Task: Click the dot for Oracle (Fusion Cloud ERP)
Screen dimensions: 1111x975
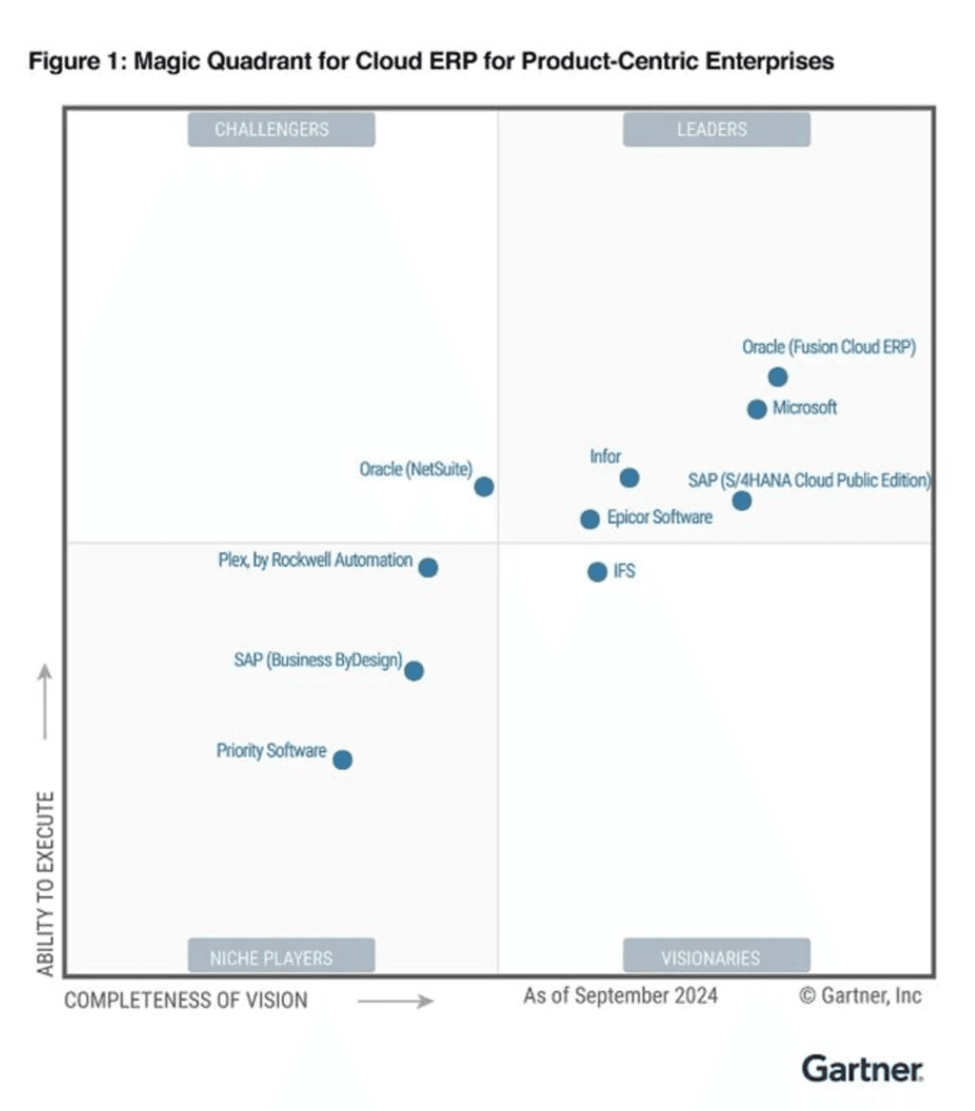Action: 778,377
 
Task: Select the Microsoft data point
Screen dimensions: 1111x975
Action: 757,410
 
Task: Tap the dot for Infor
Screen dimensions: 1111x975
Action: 629,478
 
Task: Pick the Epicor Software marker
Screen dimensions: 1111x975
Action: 590,520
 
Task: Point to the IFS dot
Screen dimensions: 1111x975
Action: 597,572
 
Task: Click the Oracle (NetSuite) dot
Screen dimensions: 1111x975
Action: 484,487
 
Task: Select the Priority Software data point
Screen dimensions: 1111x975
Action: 343,760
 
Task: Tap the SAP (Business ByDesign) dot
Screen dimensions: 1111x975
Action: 414,671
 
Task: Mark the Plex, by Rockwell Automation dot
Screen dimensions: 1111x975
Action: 428,568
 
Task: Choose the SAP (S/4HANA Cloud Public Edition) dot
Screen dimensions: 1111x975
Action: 742,502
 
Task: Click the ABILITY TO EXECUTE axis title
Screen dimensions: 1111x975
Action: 46,883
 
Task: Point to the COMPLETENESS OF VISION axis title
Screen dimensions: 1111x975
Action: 185,1001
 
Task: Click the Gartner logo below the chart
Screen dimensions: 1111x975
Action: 862,1069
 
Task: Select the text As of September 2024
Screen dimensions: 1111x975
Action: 620,996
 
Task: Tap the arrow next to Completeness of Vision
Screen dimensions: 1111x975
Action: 395,1002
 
